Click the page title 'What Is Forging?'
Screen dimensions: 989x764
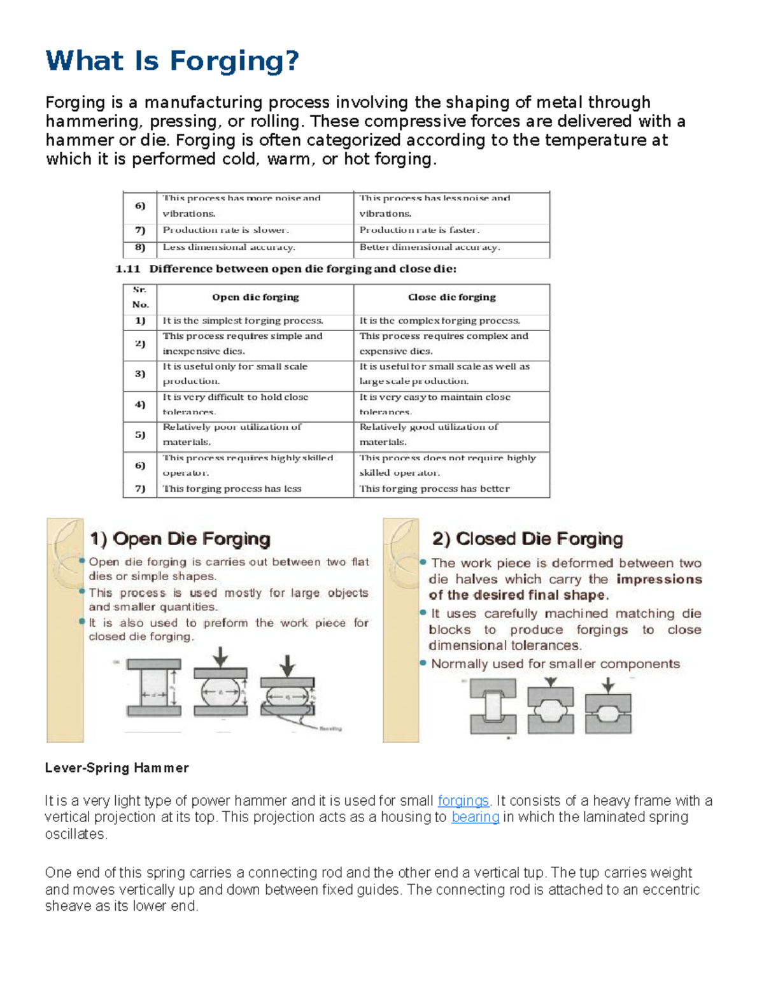[172, 61]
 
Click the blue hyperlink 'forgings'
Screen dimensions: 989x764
[463, 800]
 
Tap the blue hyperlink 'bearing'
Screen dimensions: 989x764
[475, 817]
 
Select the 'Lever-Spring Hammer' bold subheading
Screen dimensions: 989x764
[117, 768]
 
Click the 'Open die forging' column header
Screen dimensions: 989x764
[255, 297]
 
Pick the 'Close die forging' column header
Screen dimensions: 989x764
[451, 297]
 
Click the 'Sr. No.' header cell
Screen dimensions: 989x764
[140, 297]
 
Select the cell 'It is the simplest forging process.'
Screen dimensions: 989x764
[243, 321]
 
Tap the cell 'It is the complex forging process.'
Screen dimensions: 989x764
[439, 321]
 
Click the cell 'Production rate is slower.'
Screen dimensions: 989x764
[225, 231]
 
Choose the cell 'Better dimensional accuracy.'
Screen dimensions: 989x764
[430, 247]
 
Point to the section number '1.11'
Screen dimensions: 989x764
[127, 269]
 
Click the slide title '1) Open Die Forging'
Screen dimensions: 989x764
[180, 539]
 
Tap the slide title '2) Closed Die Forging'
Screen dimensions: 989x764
[527, 539]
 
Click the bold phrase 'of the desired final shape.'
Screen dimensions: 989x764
[518, 595]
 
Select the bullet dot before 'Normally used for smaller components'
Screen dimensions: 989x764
[423, 663]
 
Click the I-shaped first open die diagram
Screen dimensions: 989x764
[153, 688]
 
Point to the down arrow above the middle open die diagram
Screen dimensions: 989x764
[220, 657]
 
